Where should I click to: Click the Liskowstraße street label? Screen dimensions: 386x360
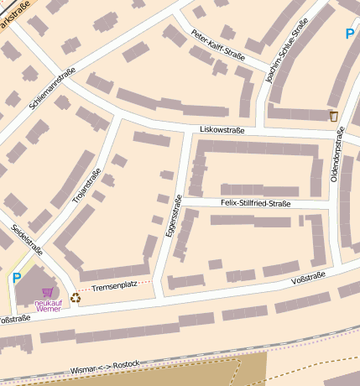point(222,130)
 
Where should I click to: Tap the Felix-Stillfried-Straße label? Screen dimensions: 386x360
point(255,203)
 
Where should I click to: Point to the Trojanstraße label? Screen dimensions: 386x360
point(86,187)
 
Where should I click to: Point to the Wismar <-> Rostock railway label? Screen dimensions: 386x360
point(105,367)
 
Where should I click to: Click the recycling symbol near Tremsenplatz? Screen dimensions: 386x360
point(76,296)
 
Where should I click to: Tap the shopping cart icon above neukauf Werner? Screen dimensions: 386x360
point(47,292)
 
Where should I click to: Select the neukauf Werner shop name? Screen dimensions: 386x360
point(47,306)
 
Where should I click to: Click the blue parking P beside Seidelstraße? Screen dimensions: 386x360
point(16,277)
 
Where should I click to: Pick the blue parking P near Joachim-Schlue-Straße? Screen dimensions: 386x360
point(350,34)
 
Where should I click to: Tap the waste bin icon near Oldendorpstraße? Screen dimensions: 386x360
point(334,116)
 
